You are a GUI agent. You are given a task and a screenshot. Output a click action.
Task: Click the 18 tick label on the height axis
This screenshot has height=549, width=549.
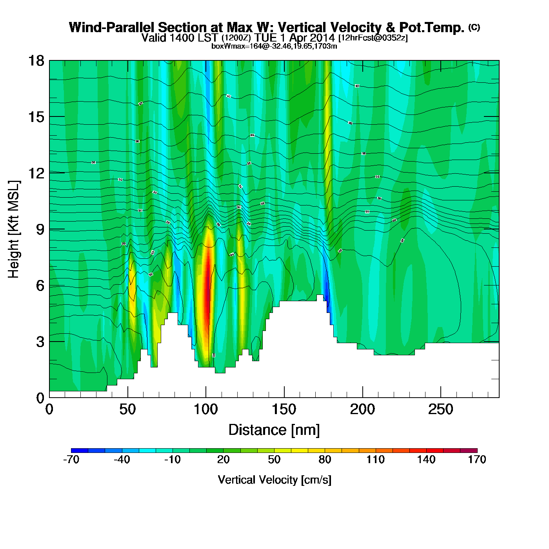(36, 61)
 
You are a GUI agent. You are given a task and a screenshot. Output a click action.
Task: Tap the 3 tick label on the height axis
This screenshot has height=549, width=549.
(40, 342)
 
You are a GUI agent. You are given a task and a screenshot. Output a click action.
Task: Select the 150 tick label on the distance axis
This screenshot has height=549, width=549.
(284, 410)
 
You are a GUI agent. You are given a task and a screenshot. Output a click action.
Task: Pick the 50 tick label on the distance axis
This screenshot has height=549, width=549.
(127, 410)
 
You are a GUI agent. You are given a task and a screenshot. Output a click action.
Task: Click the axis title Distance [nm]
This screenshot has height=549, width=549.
(274, 430)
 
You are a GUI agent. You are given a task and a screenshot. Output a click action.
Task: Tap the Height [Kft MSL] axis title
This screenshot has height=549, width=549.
(14, 229)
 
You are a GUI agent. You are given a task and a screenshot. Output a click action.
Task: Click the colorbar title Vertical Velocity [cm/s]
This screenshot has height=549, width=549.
(274, 480)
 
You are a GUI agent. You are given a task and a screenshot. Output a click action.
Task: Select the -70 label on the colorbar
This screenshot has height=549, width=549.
(71, 460)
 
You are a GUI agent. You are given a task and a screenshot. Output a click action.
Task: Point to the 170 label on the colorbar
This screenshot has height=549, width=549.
(477, 460)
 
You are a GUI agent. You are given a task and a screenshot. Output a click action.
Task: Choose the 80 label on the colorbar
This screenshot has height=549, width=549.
(325, 460)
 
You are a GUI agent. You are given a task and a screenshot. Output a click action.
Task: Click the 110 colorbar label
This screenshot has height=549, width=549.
(376, 460)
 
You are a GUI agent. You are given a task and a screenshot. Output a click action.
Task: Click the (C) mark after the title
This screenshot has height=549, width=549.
(474, 27)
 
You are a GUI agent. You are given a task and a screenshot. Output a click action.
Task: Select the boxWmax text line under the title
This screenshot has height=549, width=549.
(274, 46)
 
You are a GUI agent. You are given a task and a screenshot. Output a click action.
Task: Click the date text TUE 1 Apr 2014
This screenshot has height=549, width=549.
(294, 38)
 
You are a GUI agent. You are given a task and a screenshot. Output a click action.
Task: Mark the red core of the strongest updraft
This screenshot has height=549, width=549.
(208, 282)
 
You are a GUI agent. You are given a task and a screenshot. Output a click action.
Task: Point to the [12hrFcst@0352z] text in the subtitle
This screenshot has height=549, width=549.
(373, 38)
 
